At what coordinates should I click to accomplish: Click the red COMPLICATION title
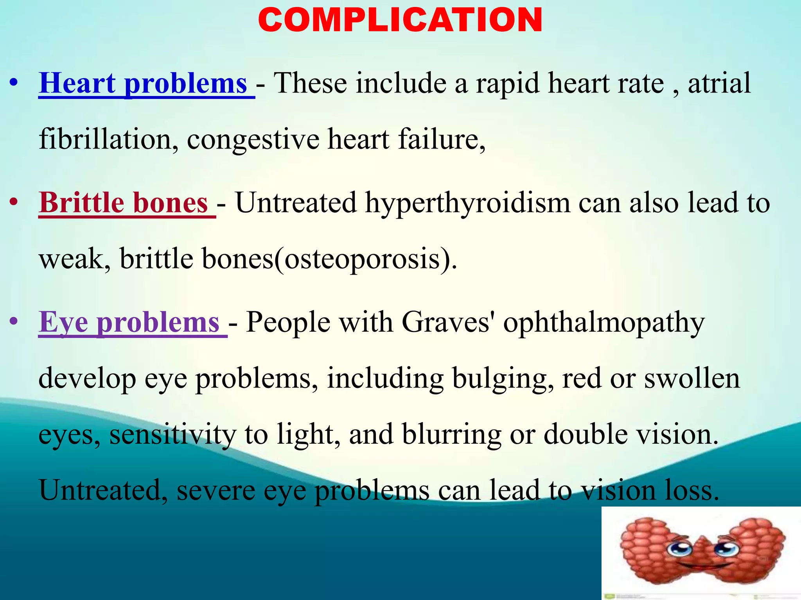400,20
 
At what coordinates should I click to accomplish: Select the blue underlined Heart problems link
144,84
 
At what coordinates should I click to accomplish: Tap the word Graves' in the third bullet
446,323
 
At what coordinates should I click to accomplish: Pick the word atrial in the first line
719,84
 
